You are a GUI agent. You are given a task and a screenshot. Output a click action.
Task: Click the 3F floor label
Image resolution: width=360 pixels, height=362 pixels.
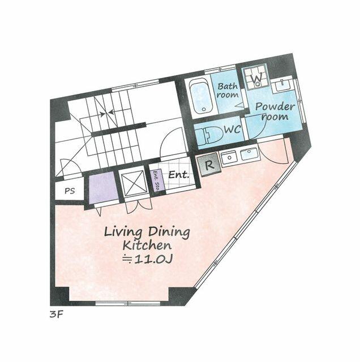[57, 314]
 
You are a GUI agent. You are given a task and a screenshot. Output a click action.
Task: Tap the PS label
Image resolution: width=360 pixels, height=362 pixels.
[70, 191]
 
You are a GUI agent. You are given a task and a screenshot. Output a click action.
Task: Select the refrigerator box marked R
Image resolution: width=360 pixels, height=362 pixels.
[209, 165]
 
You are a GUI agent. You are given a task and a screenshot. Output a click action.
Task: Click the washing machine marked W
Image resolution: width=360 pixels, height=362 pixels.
[256, 78]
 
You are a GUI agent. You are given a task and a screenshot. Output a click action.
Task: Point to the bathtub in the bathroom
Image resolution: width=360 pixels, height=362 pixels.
[200, 97]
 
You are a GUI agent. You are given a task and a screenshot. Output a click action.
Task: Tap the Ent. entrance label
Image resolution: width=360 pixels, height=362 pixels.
[179, 175]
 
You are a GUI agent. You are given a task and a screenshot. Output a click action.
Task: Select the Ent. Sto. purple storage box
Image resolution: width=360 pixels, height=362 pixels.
[157, 180]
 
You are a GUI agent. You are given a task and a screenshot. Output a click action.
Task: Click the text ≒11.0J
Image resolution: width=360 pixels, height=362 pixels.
[147, 259]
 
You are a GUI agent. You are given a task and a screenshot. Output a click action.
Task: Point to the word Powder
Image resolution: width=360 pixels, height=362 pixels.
[275, 107]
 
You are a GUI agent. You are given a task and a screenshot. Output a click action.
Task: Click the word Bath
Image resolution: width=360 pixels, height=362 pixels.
[228, 87]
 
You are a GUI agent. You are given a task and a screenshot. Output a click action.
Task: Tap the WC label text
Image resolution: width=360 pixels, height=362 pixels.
[233, 130]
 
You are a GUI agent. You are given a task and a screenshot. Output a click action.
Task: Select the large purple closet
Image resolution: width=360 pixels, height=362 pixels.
[103, 189]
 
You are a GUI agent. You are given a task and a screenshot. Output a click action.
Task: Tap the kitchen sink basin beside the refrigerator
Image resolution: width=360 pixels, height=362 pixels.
[249, 154]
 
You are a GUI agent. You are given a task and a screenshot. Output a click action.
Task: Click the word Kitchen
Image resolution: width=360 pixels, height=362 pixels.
[147, 245]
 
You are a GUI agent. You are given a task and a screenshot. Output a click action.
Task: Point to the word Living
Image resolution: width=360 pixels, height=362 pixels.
[123, 232]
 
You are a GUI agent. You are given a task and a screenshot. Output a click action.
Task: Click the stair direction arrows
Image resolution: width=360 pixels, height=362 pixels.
[106, 113]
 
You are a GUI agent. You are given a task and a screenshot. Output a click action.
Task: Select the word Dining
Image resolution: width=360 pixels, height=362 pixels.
[169, 232]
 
